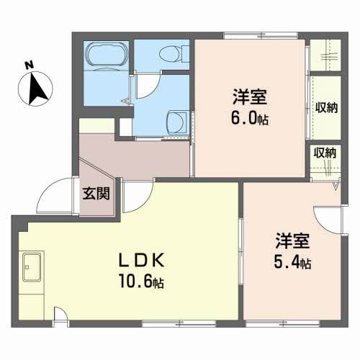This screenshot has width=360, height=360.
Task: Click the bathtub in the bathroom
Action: click(x=105, y=55)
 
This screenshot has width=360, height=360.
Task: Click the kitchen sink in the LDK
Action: click(x=33, y=269)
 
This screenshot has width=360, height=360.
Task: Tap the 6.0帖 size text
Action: click(x=250, y=119)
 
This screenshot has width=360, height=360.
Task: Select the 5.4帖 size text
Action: click(x=292, y=262)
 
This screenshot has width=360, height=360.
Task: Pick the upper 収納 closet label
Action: click(x=326, y=108)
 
